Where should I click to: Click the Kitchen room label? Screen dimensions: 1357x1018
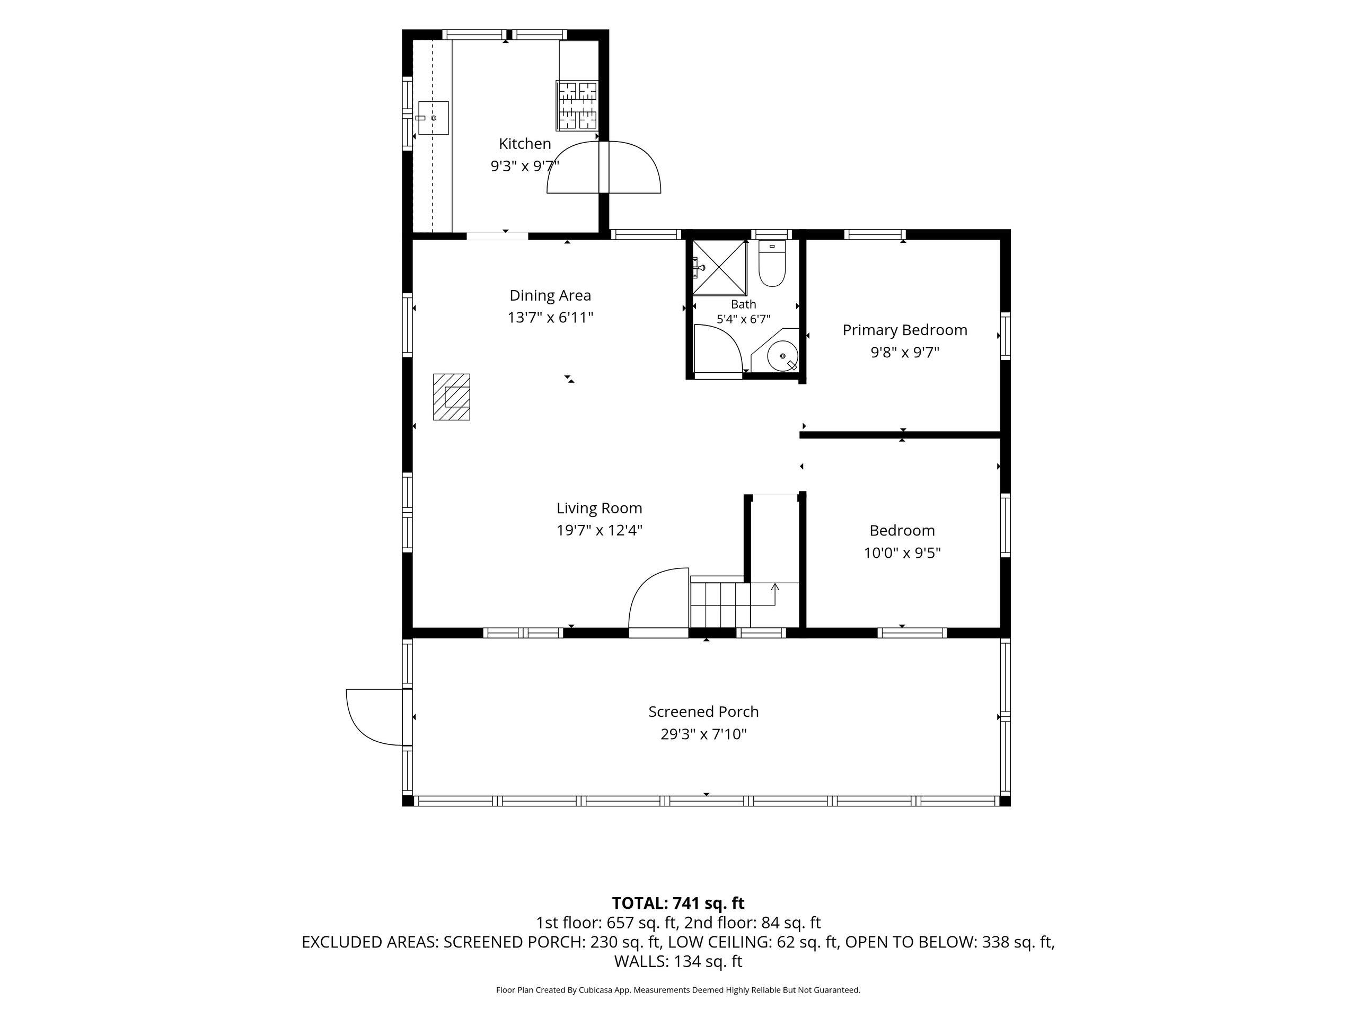coord(525,144)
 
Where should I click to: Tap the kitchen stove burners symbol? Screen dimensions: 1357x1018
coord(577,106)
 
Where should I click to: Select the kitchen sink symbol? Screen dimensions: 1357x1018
coord(433,118)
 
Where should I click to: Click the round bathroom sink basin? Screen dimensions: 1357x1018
coord(783,356)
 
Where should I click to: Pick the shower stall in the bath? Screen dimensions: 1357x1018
coord(720,268)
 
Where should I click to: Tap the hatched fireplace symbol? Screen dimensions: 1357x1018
coord(452,397)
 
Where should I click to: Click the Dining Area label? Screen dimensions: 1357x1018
coord(550,295)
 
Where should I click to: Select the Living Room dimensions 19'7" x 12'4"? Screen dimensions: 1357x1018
coord(600,530)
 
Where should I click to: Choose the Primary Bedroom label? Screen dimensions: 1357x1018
coord(905,330)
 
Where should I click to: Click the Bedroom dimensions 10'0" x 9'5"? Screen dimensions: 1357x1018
coord(902,553)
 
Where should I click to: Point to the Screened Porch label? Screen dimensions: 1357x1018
coord(703,711)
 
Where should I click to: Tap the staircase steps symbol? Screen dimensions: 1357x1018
coord(720,604)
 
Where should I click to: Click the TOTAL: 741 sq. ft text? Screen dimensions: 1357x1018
coord(678,903)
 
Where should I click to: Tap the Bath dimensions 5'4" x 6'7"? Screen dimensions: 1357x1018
coord(744,319)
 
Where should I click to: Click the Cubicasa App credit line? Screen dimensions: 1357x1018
coord(678,990)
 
